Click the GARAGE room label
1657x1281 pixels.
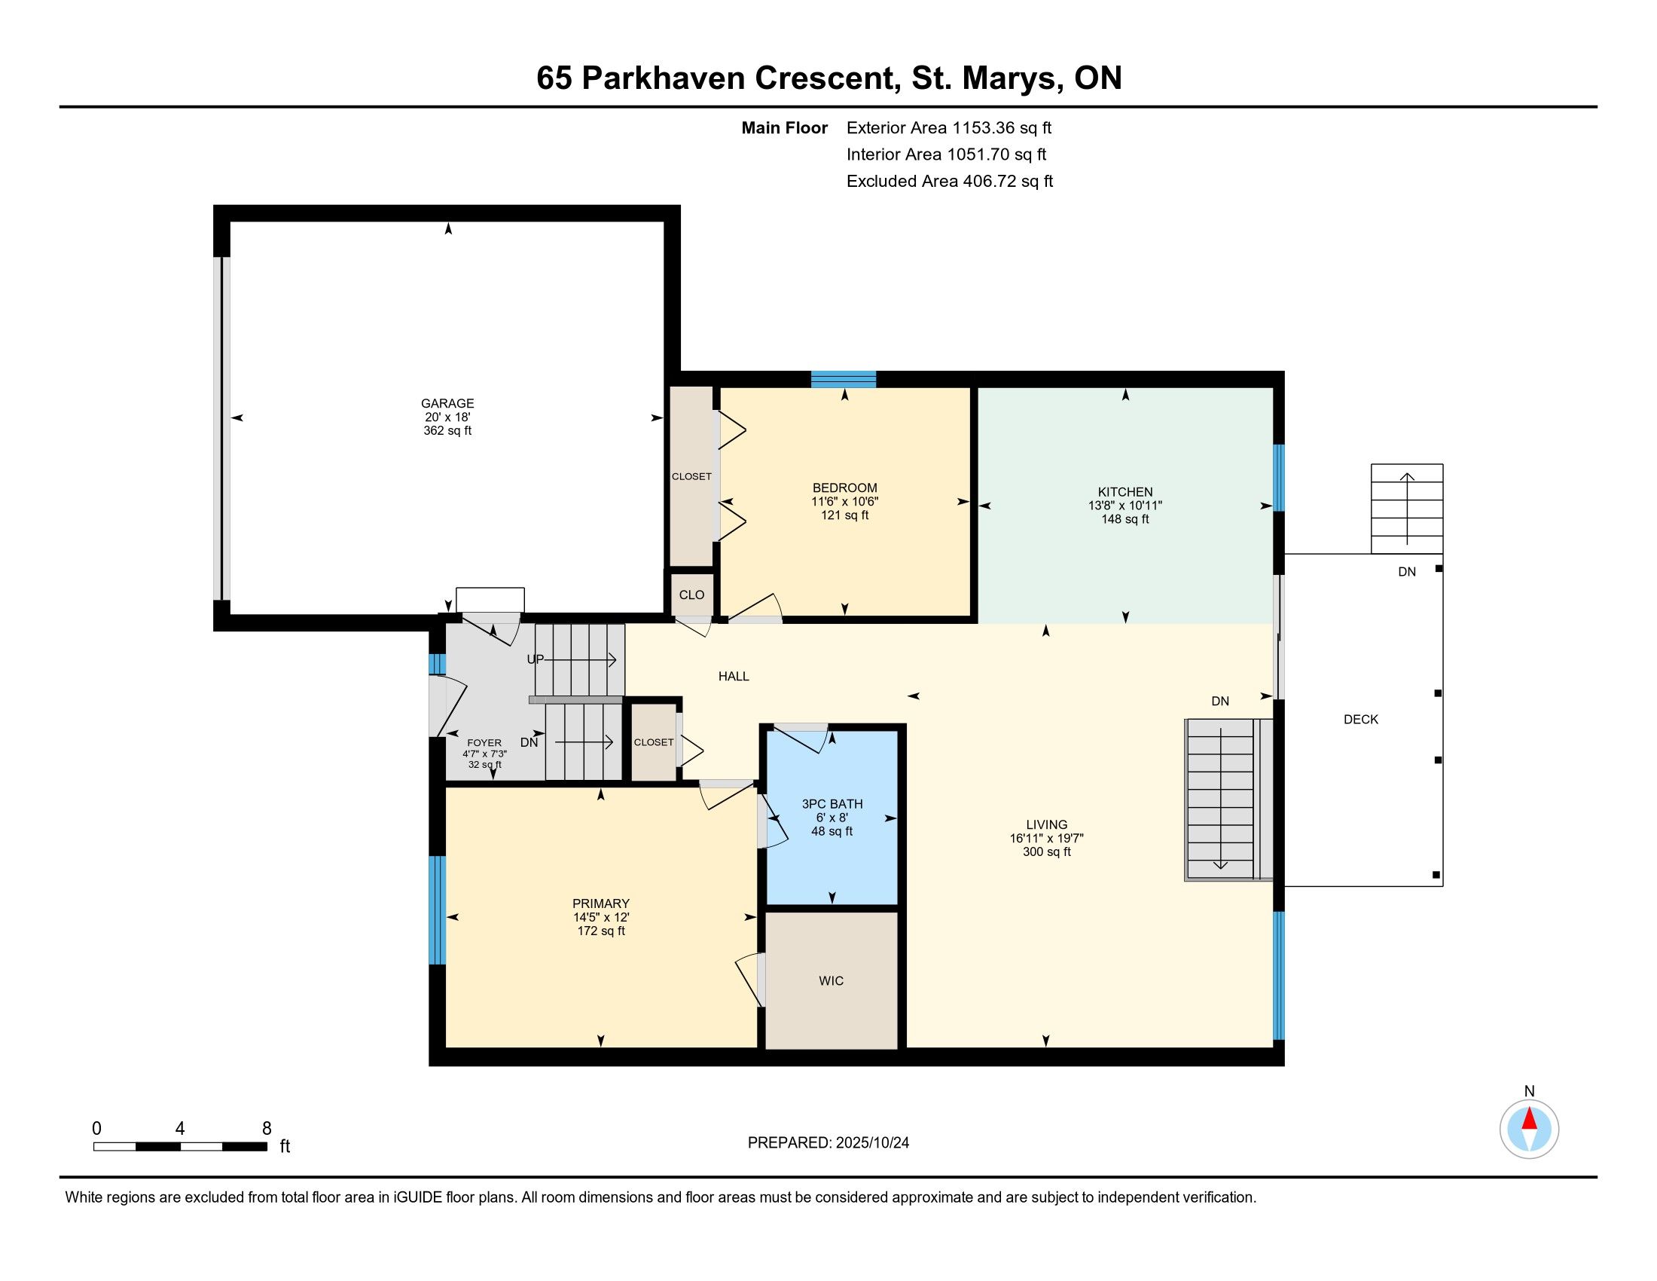pos(447,404)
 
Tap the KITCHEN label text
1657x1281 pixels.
pos(1125,492)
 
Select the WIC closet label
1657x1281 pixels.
pos(831,981)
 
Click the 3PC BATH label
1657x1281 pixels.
pos(832,805)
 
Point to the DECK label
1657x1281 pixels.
pos(1361,720)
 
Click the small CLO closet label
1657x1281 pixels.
pos(691,595)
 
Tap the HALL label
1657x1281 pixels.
pos(734,676)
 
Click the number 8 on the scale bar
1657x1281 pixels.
pos(267,1129)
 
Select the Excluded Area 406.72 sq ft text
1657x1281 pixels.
pos(950,182)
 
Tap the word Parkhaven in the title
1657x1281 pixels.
pos(663,78)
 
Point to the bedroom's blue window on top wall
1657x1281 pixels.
pos(844,380)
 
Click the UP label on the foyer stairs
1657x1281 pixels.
pos(536,659)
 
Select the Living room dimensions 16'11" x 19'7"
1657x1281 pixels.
pos(1046,839)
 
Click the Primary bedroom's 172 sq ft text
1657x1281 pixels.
pos(601,931)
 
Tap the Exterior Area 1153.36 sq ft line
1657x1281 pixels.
pos(949,128)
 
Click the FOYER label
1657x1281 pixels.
pos(484,743)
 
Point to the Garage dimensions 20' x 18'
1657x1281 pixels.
pos(447,417)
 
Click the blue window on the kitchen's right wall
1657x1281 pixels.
pos(1278,478)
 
